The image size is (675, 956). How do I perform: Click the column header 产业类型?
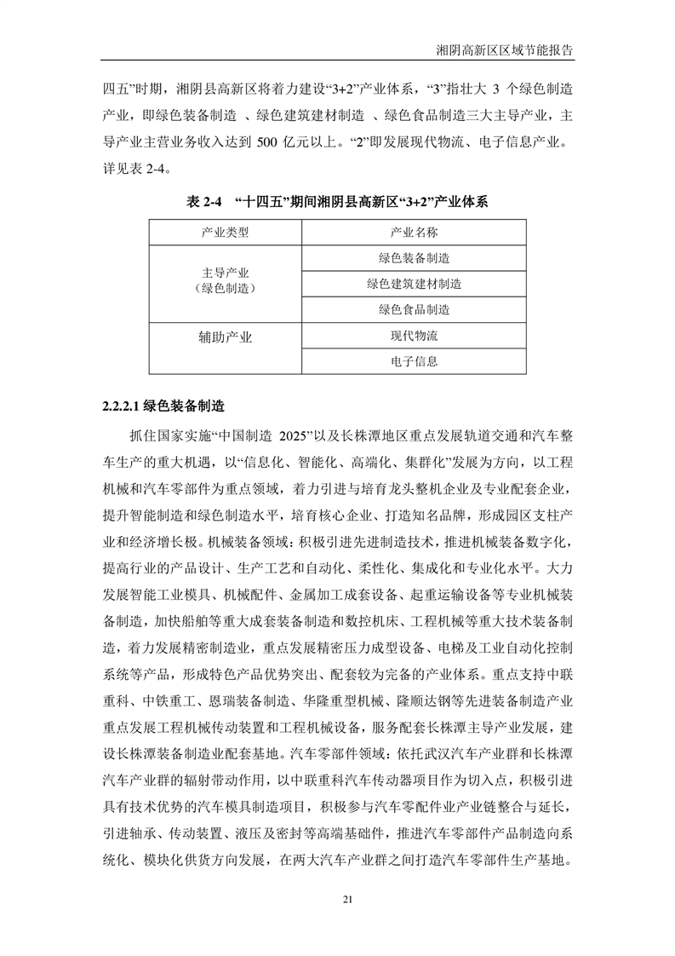point(225,232)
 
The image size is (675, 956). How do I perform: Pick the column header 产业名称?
point(414,232)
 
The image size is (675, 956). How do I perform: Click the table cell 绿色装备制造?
point(414,258)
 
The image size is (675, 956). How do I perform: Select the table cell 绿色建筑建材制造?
point(414,284)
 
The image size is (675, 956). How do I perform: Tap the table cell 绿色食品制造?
point(414,309)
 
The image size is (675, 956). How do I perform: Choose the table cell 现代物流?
point(414,336)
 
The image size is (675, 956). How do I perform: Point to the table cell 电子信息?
point(414,361)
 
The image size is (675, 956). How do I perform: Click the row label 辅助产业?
point(225,337)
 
